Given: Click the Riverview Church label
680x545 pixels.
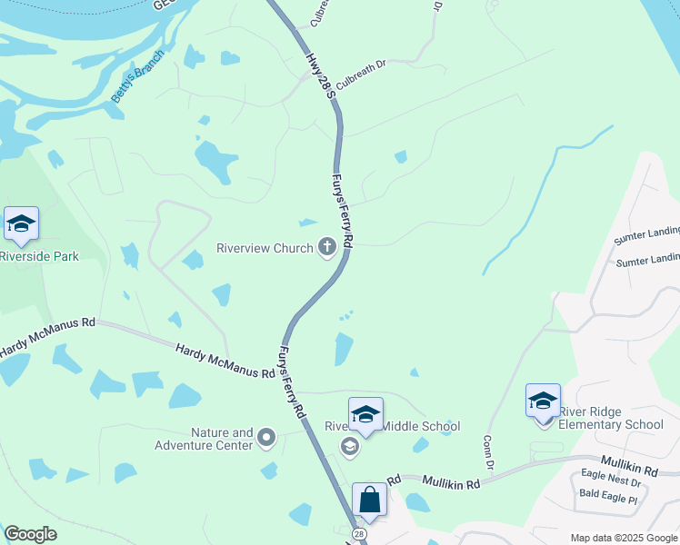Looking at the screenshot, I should coord(264,247).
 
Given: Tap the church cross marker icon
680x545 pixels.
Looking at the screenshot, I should coord(326,247).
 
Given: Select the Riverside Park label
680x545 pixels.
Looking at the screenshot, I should coord(39,256).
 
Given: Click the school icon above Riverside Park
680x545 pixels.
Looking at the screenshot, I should coord(21,223).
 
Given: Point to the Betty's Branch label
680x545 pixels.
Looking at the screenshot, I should coord(138,76).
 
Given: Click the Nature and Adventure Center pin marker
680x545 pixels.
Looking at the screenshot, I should coord(266,439).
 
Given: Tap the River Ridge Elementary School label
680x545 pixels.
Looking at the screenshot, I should coord(611,418).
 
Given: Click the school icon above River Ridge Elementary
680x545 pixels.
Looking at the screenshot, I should coord(543,401).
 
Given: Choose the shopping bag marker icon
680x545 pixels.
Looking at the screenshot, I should coord(370,500).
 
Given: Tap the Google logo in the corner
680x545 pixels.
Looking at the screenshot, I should coord(30,534).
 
